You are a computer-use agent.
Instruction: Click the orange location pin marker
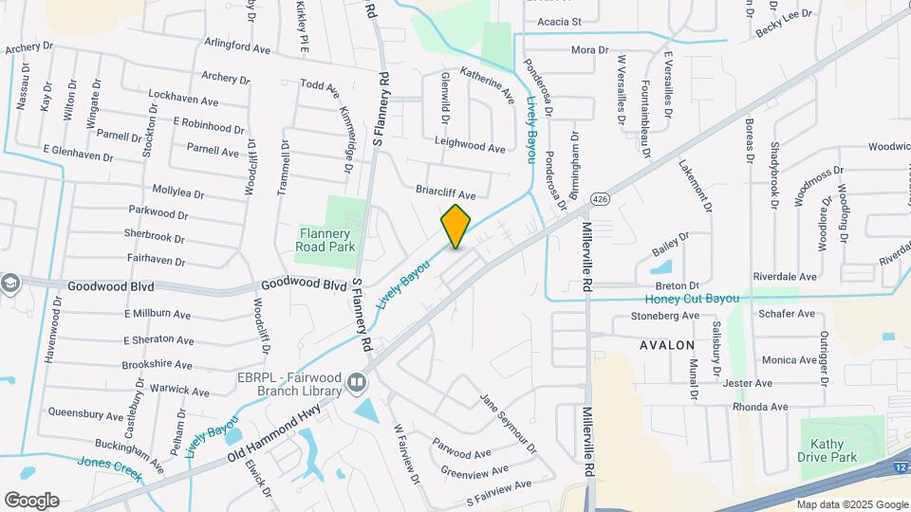pos(455,226)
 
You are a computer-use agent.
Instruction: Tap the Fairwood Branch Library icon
pos(357,383)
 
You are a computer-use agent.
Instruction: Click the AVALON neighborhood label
pos(667,345)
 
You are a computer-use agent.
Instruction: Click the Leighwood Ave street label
pos(470,147)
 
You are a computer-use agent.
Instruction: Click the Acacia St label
pos(558,21)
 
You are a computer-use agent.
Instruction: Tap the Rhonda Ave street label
pos(760,407)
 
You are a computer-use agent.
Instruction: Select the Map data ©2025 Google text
pos(851,504)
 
